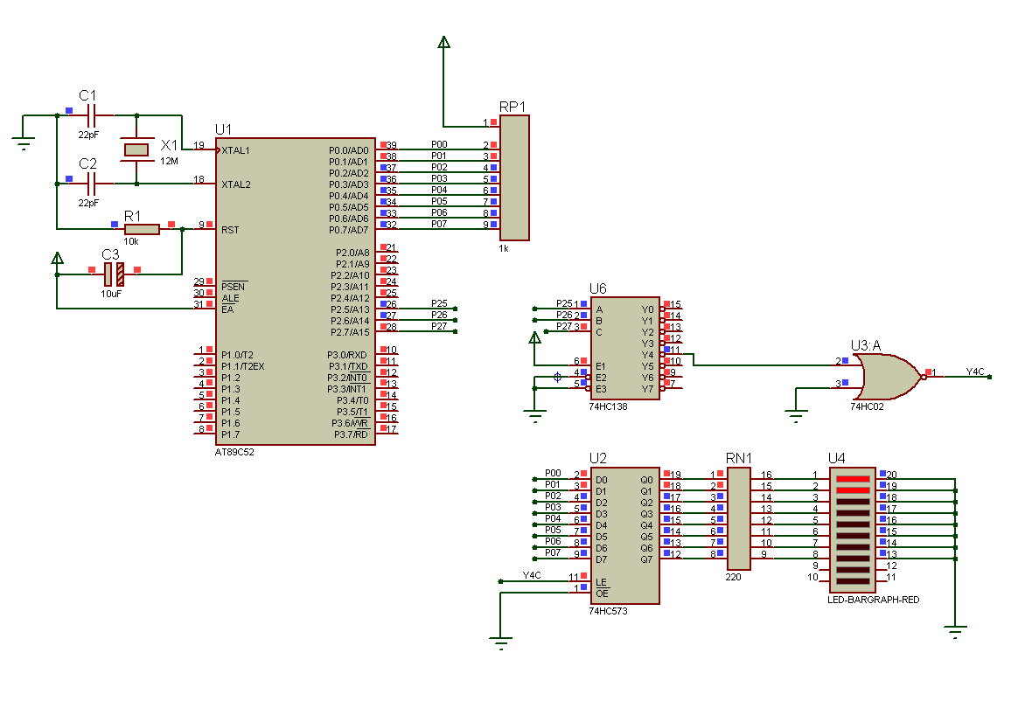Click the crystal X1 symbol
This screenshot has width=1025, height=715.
tap(136, 149)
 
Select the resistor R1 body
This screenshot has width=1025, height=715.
tap(142, 229)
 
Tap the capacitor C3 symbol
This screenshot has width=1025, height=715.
tap(114, 274)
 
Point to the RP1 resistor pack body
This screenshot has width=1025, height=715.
tap(514, 177)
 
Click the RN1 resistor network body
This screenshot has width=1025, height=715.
tap(739, 518)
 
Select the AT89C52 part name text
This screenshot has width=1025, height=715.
tap(234, 452)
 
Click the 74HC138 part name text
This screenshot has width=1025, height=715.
tap(608, 406)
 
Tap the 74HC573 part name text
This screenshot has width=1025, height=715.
tap(608, 611)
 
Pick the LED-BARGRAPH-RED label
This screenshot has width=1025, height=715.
tap(874, 600)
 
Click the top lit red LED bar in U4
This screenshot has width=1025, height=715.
tap(853, 479)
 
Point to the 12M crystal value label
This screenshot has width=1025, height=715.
tap(169, 161)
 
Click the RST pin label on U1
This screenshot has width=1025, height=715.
tap(230, 230)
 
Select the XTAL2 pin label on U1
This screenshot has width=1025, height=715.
tap(236, 184)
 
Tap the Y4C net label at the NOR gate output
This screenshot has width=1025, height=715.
tap(975, 371)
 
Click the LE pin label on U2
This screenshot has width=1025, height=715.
tap(602, 581)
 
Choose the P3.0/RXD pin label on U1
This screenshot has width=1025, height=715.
tap(348, 355)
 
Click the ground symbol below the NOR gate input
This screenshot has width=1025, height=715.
tap(796, 415)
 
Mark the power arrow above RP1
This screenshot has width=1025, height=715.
tap(444, 43)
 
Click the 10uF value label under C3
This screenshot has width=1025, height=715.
tap(111, 294)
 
